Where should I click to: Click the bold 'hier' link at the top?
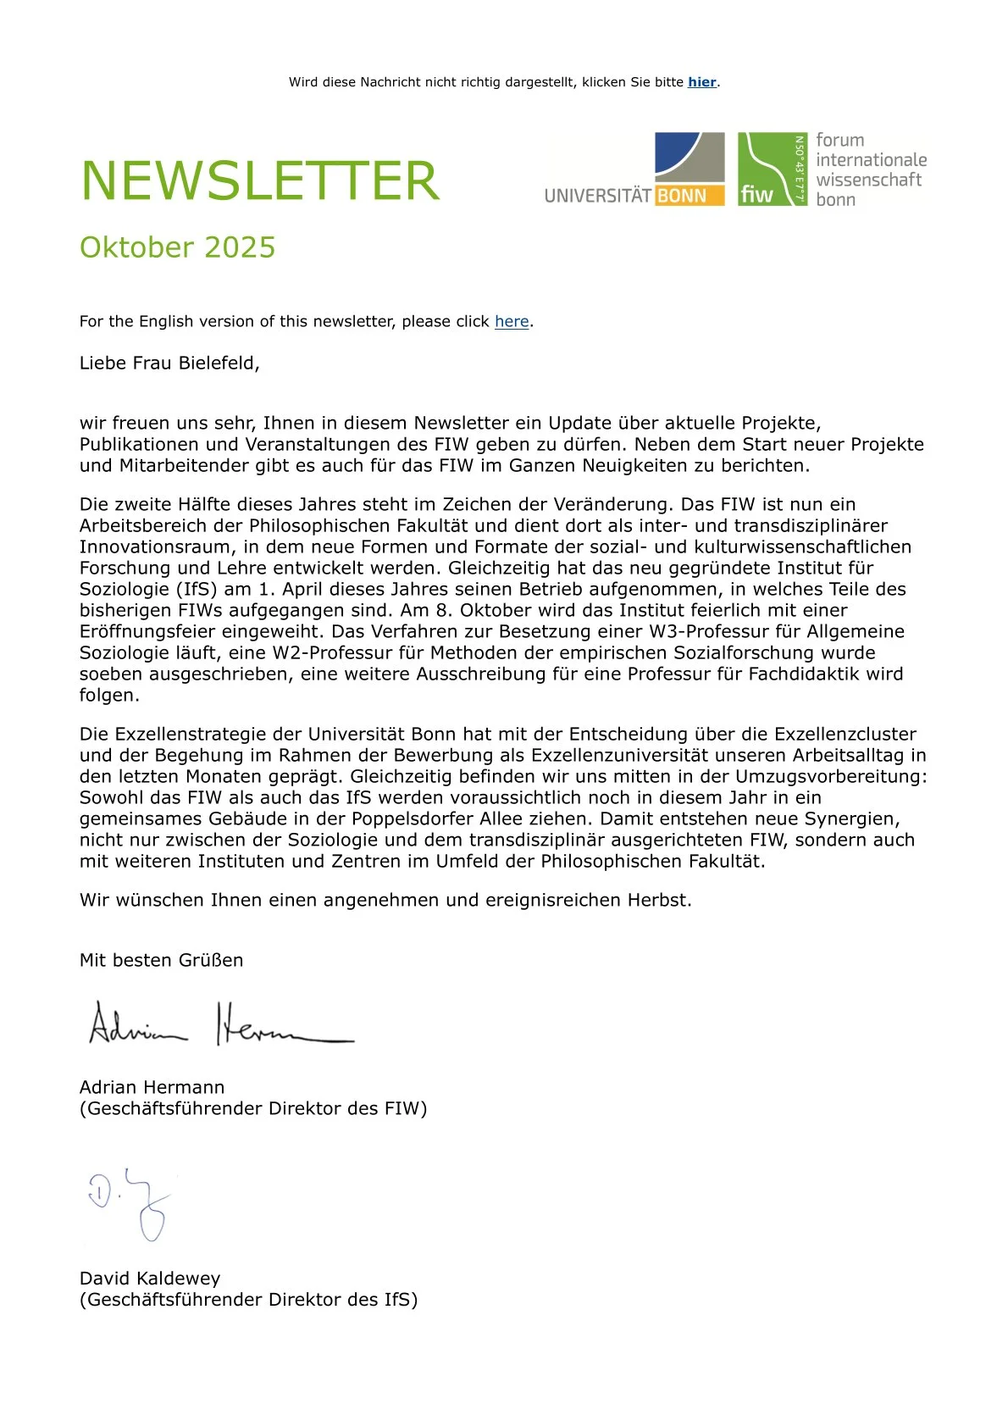(701, 82)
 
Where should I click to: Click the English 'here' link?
(512, 321)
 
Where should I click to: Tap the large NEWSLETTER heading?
(260, 180)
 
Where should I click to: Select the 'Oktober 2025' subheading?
(178, 247)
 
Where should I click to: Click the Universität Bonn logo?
(634, 169)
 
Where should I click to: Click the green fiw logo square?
(772, 169)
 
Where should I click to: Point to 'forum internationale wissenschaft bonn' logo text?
(870, 169)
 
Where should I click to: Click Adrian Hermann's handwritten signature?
(220, 1024)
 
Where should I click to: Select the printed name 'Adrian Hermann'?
(152, 1087)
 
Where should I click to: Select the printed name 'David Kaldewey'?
(150, 1279)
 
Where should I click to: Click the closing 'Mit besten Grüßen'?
(161, 960)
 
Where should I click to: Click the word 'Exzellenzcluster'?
(845, 734)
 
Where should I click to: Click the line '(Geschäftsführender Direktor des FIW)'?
(253, 1108)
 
